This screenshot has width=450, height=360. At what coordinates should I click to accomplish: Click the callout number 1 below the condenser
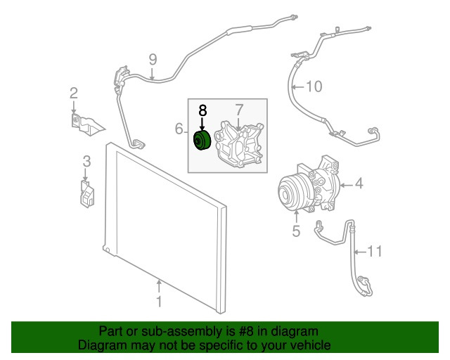[159, 302]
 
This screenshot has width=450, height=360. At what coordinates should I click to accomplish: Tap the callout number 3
[86, 162]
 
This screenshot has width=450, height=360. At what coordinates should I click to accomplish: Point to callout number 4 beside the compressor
[359, 185]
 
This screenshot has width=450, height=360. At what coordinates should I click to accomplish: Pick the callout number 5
[296, 231]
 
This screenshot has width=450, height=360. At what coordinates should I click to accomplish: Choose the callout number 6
[179, 129]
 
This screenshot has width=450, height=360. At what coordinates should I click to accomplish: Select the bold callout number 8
[203, 110]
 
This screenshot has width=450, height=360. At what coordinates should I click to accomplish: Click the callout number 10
[313, 87]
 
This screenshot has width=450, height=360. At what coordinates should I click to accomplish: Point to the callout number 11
[377, 250]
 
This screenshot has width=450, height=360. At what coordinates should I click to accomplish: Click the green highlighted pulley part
[202, 141]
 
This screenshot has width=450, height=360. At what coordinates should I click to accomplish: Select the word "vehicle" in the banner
[308, 345]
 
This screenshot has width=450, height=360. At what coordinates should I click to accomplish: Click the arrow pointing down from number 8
[203, 123]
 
